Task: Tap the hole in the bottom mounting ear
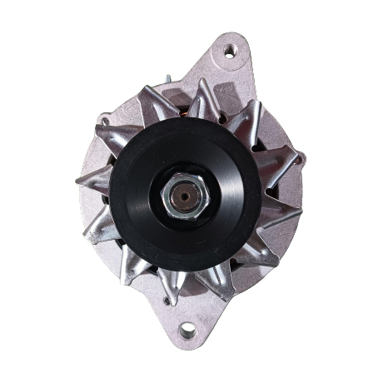click(187, 331)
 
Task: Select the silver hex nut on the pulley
click(181, 198)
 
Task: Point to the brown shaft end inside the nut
click(182, 198)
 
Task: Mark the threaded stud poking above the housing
click(168, 81)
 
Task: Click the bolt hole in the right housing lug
click(301, 156)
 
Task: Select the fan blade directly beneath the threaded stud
click(157, 100)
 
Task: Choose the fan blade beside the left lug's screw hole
click(114, 133)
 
